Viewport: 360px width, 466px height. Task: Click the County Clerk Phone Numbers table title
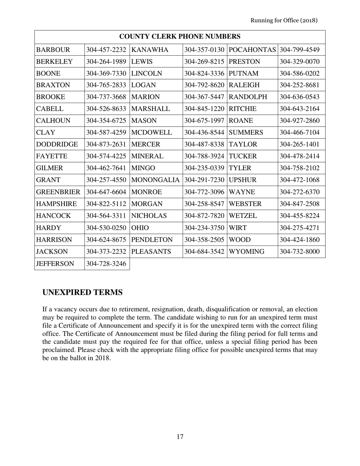(180, 37)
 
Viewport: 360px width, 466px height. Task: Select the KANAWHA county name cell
(148, 50)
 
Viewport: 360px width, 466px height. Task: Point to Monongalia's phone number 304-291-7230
(205, 180)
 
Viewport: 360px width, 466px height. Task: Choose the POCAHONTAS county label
(252, 50)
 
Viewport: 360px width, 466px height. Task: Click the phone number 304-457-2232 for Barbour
(106, 50)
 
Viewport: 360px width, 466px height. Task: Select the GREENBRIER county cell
(58, 192)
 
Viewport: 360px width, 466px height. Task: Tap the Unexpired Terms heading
(82, 292)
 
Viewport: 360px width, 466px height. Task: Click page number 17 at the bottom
(180, 437)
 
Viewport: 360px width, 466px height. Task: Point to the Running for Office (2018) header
(284, 20)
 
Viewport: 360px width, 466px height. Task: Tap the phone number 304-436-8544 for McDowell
(205, 133)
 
